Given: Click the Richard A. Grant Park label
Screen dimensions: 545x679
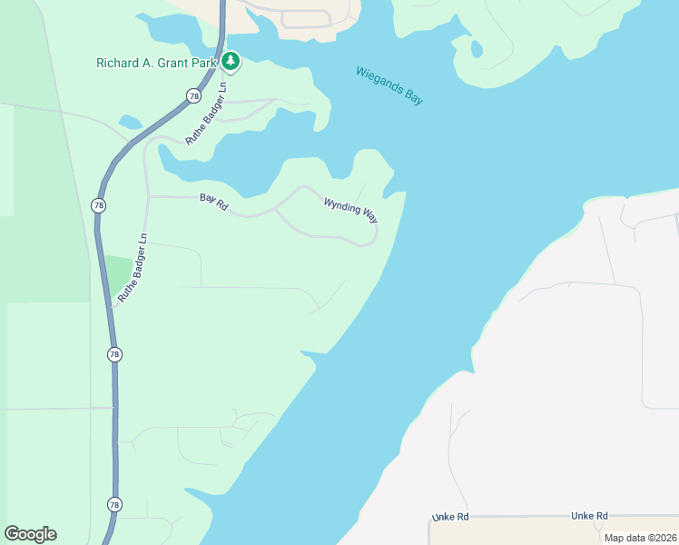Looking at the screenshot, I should [157, 63].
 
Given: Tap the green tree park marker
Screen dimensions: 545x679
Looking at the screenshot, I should [231, 62].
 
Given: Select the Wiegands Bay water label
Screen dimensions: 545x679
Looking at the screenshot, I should [389, 85].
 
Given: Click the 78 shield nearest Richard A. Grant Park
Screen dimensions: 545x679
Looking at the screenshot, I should [193, 95].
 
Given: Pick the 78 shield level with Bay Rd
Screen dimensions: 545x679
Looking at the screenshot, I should [97, 205].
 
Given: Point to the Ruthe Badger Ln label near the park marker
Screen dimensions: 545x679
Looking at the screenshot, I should [206, 114].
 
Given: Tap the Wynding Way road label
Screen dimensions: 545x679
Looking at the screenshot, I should [350, 209].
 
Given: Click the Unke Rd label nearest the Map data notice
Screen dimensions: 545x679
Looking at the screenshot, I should [589, 516].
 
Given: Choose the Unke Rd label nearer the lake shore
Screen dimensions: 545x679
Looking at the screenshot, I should [449, 517].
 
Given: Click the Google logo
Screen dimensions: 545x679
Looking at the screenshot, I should [30, 534].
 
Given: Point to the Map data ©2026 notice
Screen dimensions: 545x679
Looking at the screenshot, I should [639, 538].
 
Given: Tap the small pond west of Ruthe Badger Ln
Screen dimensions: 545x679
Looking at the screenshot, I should [131, 121].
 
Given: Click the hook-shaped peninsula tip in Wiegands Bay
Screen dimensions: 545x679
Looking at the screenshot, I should [473, 51].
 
